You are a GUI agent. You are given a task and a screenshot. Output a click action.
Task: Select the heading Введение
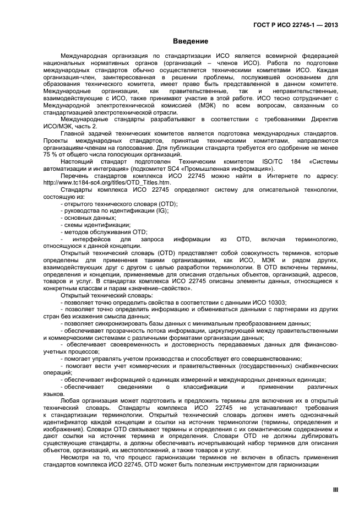click(x=190, y=42)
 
